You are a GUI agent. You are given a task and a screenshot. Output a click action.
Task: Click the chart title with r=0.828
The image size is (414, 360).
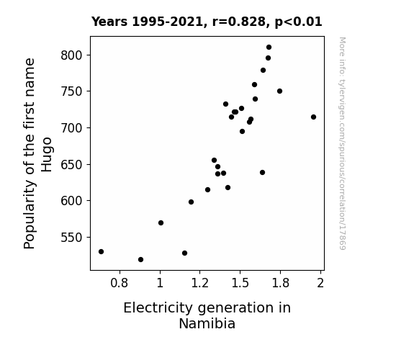pos(207,22)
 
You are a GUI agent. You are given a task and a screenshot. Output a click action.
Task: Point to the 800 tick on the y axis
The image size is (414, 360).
pos(72,55)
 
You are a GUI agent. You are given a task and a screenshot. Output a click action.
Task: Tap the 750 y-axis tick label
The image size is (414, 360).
pos(72,91)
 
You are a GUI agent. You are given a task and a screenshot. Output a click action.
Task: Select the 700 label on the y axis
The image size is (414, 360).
pos(72,128)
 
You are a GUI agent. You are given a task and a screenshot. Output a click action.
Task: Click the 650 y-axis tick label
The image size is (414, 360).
pos(72,165)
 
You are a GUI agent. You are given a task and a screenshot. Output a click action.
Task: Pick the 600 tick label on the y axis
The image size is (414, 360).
pos(72,201)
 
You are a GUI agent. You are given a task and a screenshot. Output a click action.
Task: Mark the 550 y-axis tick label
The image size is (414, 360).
pos(72,238)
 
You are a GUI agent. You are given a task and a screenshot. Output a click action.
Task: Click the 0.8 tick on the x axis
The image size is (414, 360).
pos(119,283)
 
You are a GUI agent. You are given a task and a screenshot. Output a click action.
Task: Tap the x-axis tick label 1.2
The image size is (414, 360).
pos(200,283)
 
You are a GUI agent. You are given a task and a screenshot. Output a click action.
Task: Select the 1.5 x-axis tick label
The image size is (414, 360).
pos(240,283)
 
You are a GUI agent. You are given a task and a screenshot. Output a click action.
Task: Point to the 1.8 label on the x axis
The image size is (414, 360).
pos(280,283)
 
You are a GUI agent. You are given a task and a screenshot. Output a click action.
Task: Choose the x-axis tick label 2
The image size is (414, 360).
pos(320,283)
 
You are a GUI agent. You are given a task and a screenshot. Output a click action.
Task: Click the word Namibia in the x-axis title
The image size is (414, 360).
pos(207,323)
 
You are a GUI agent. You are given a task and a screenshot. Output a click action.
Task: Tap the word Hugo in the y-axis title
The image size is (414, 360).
pos(47,155)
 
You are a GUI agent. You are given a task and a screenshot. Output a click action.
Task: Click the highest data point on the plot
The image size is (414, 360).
pos(269,48)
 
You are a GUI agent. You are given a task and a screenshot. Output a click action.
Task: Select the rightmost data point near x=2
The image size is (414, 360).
pos(313,117)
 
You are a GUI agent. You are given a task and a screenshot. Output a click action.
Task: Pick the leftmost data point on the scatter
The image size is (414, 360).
pos(101,252)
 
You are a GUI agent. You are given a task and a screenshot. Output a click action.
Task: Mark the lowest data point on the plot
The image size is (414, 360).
pos(140,260)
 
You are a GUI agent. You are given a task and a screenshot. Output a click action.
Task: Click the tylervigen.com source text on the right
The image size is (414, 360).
pos(342,143)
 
